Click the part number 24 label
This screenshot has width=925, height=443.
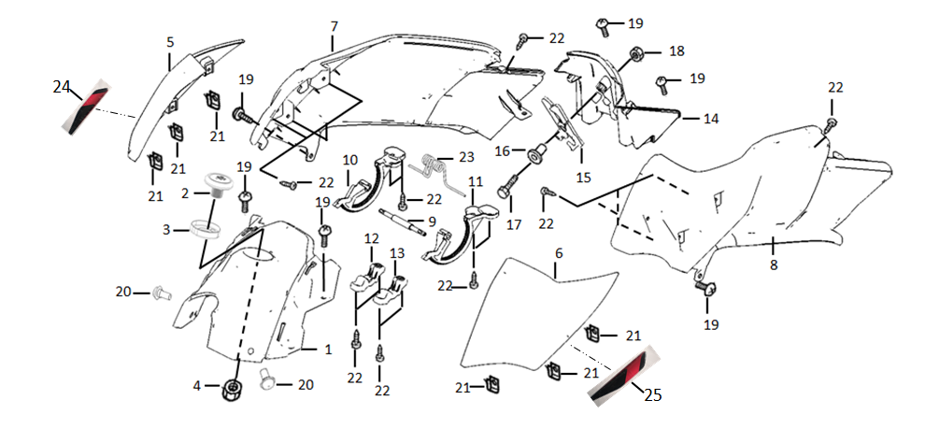[x=62, y=87]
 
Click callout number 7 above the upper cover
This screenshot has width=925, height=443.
[x=334, y=26]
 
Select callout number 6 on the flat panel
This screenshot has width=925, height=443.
[x=559, y=254]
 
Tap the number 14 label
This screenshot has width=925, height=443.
[x=711, y=119]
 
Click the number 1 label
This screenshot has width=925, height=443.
[x=327, y=350]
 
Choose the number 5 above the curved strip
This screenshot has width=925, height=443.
[x=170, y=42]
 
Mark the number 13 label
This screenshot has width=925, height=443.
[x=397, y=253]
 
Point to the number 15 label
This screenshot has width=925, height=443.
[x=582, y=177]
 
